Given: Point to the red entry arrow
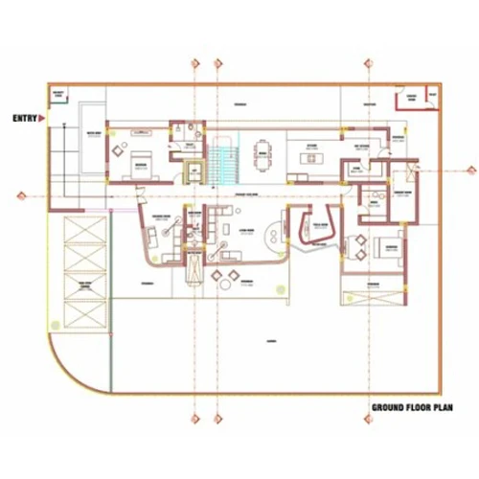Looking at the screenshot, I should (42, 118).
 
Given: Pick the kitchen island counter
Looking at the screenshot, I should (310, 159).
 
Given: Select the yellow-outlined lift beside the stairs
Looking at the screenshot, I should (194, 171).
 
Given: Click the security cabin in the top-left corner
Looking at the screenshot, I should (60, 96).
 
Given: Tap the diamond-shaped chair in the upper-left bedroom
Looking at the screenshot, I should (118, 149).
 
